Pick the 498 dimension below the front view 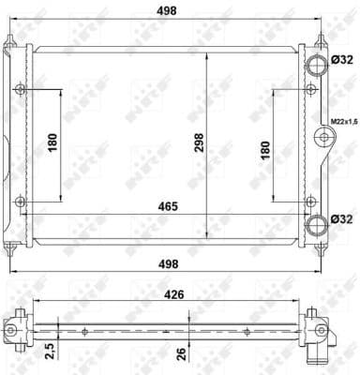pos(170,263)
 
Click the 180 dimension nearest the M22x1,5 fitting pos(265,148)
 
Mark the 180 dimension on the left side pos(53,142)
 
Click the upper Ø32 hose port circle pos(317,62)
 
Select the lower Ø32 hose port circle pos(317,221)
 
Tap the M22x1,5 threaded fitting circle pos(324,138)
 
